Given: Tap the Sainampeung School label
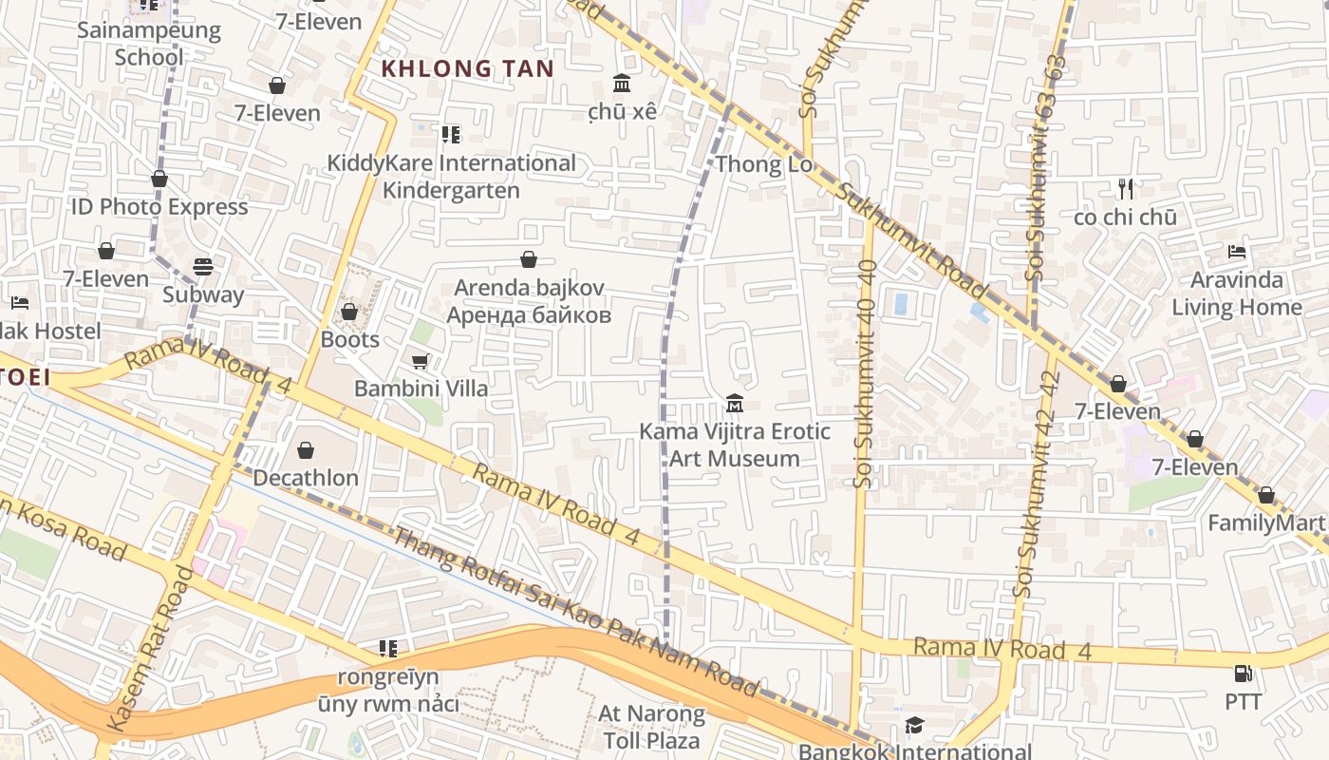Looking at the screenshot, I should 149,43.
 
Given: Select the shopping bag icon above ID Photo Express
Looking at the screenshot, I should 159,179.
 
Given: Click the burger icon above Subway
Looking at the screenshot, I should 202,267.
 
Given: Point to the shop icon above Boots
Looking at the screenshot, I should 349,312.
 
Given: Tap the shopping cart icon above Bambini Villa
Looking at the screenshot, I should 420,361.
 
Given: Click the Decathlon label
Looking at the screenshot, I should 306,477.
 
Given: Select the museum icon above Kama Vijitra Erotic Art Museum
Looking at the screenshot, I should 734,404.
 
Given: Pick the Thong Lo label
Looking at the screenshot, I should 764,164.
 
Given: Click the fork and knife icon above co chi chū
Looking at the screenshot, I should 1126,188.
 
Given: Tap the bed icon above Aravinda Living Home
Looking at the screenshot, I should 1236,252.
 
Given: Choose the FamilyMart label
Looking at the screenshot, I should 1265,522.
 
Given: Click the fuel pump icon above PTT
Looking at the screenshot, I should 1243,674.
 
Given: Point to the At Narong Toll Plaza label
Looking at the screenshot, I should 652,727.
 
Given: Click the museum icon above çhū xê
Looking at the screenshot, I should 623,83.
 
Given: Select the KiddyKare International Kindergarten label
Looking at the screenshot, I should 451,177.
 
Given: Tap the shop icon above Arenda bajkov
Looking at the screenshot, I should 529,259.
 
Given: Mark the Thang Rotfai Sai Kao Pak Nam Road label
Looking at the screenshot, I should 577,613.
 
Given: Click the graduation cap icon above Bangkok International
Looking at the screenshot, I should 913,726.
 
